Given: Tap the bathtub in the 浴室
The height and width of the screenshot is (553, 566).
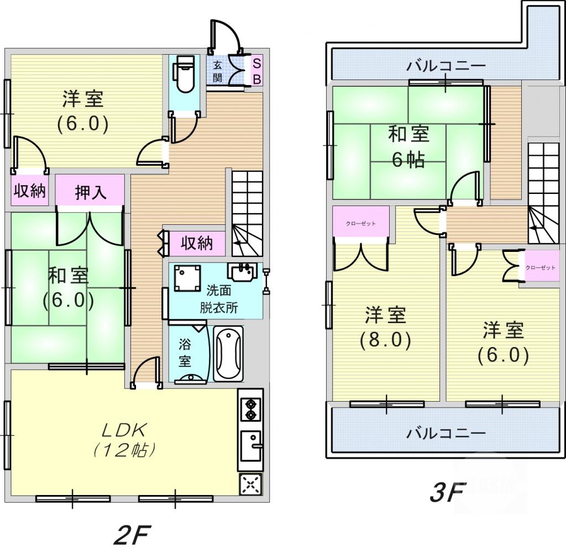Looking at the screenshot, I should tap(228, 353).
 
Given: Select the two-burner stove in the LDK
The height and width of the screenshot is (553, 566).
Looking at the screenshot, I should tap(250, 408).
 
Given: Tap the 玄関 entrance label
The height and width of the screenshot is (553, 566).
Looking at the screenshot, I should tap(218, 70).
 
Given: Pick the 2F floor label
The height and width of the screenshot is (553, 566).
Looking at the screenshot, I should tap(132, 534).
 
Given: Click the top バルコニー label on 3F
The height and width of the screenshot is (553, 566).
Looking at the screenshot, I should tap(446, 66).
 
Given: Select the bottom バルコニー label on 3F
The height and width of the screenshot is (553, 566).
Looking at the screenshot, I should tap(446, 433).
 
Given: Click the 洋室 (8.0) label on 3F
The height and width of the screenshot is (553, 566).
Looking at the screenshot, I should tap(385, 328).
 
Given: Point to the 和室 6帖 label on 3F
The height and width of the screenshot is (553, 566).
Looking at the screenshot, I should tap(408, 146).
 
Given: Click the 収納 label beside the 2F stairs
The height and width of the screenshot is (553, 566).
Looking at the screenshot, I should tap(197, 243).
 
